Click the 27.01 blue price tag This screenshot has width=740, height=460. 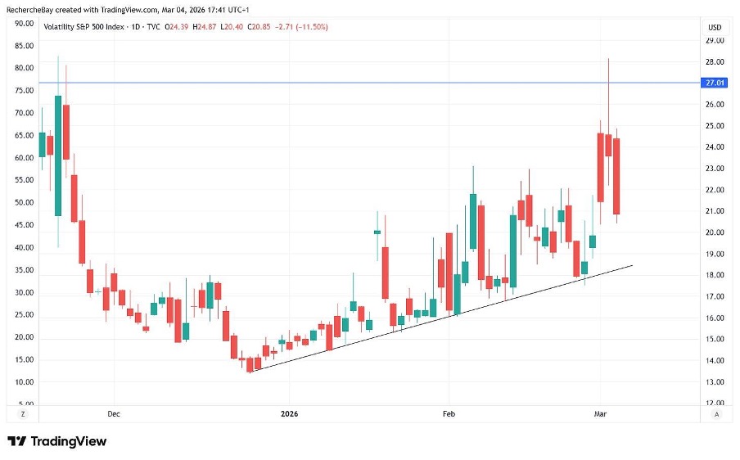(x=713, y=83)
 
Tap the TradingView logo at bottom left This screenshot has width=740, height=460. (x=57, y=441)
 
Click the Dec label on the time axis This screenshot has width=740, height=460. (x=113, y=414)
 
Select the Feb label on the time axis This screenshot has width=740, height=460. (x=449, y=414)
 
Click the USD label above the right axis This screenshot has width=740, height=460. (x=714, y=27)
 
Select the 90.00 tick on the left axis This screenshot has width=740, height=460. (x=24, y=23)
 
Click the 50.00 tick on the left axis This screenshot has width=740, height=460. (x=24, y=202)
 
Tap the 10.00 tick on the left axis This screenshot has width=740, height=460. (x=24, y=382)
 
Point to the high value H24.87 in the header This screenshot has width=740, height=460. (x=205, y=27)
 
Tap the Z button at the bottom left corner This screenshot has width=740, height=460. (x=23, y=414)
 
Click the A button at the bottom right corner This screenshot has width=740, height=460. (x=716, y=414)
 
